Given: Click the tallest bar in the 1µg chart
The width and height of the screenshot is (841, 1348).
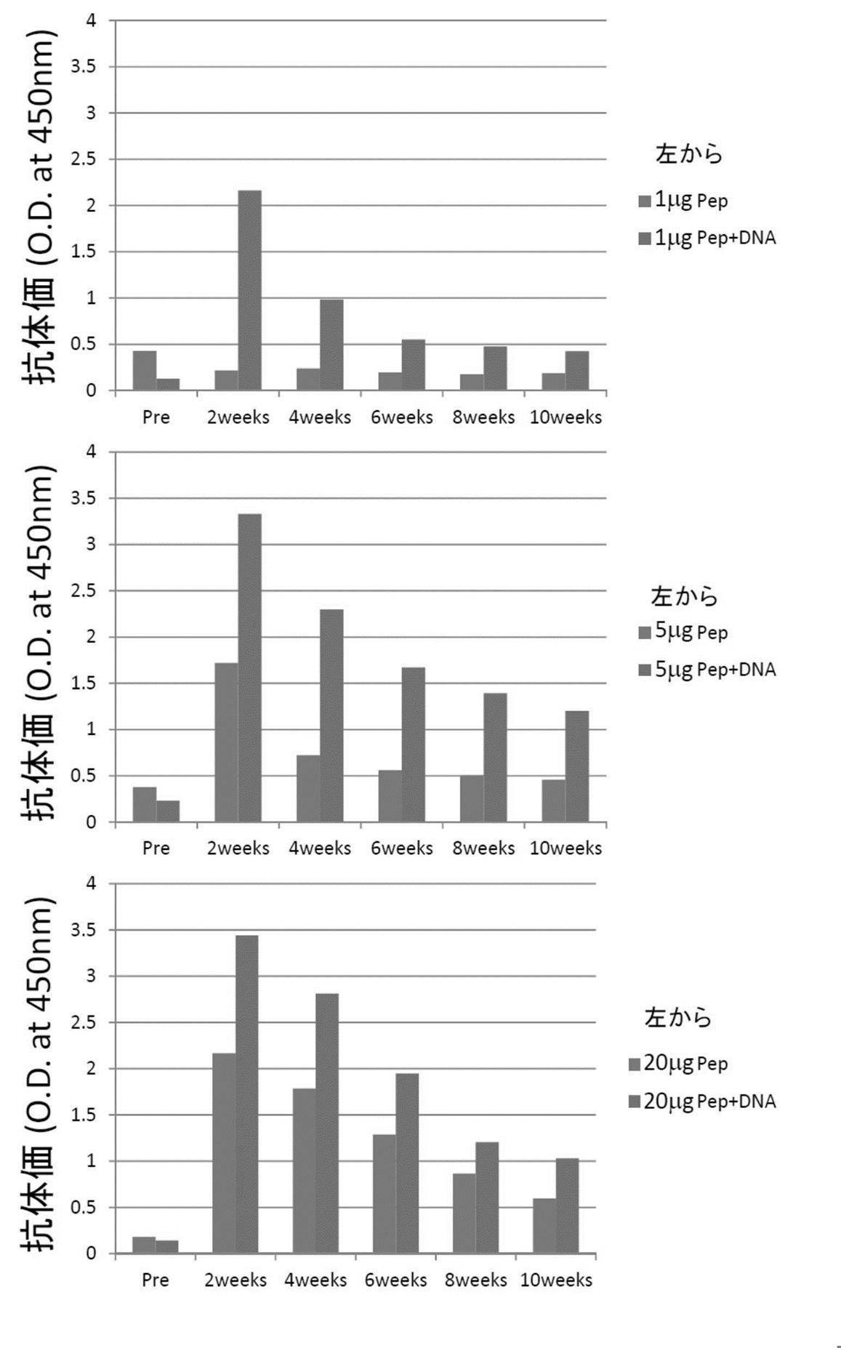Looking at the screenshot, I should click(x=249, y=290).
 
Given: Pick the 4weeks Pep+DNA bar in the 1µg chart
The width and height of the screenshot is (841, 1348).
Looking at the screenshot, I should click(x=331, y=345).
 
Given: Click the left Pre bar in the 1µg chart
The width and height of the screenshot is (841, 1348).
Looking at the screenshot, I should click(x=144, y=370).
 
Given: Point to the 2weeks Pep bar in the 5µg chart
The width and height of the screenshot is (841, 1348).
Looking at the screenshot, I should click(x=226, y=742).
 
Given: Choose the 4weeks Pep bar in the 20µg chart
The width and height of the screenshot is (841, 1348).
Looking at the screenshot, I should click(x=304, y=1170).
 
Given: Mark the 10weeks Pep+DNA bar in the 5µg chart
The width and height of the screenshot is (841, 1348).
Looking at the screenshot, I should click(x=577, y=766).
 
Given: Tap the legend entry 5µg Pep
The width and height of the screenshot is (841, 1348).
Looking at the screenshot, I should click(x=691, y=632).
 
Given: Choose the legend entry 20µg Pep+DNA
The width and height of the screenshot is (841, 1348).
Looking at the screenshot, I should click(x=709, y=1102).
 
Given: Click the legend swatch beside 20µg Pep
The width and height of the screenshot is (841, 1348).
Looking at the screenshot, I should click(x=634, y=1064).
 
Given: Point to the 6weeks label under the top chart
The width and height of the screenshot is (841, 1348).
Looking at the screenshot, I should click(x=401, y=417).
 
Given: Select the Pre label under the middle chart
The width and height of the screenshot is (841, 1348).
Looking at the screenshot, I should click(x=156, y=848).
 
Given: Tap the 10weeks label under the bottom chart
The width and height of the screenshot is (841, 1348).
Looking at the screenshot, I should click(x=556, y=1280).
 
